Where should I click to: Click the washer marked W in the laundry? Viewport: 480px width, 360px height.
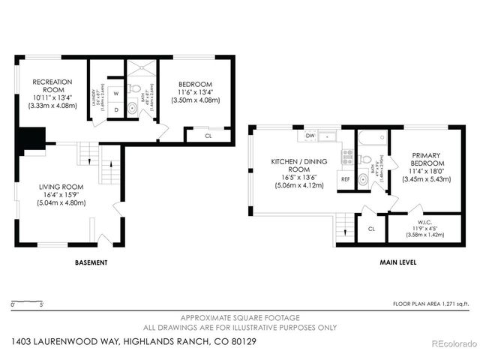[x=115, y=93]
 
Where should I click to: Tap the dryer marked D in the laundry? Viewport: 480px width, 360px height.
[x=115, y=110]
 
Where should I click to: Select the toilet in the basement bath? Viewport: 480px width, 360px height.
[x=132, y=109]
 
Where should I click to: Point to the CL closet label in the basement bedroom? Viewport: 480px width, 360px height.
[x=208, y=136]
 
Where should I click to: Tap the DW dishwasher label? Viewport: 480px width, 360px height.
[x=310, y=136]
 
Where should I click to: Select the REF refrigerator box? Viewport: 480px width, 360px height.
[x=346, y=180]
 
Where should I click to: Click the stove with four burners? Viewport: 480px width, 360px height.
[x=347, y=156]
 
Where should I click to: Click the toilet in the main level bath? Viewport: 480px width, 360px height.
[x=364, y=159]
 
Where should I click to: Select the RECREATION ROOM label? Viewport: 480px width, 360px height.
[x=52, y=85]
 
